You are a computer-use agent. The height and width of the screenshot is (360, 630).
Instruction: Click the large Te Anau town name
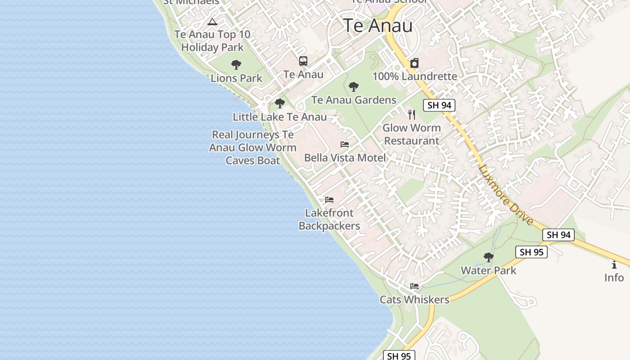tap(378, 26)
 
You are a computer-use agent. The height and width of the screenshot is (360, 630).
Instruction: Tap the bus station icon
tap(303, 61)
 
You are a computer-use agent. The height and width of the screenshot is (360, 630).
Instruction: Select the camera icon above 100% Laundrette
tap(414, 63)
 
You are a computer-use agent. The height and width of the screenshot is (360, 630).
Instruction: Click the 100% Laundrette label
tap(414, 76)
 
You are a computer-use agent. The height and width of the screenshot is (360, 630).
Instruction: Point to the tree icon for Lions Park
tap(236, 65)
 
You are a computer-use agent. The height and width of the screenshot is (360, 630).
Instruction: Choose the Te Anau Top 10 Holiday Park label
tap(212, 40)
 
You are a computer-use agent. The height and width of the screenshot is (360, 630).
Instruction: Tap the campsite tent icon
tap(212, 22)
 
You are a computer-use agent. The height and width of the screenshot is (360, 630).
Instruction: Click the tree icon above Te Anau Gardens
tap(354, 86)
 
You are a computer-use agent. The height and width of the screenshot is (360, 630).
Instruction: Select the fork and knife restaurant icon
tap(411, 114)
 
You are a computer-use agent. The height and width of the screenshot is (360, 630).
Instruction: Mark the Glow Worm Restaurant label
tap(411, 134)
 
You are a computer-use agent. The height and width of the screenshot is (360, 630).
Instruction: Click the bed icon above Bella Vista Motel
tap(345, 144)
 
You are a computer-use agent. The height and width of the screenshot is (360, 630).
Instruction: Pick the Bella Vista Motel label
tap(345, 157)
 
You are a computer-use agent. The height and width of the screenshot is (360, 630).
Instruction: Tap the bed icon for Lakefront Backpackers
tap(329, 200)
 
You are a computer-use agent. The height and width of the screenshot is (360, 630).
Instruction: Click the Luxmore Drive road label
tap(506, 195)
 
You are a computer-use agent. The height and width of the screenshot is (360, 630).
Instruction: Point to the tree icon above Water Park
tap(488, 257)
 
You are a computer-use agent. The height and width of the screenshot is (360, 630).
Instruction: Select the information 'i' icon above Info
tap(614, 265)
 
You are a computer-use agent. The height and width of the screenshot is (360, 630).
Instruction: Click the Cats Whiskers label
tap(414, 299)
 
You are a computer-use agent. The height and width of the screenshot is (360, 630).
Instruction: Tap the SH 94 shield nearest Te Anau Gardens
tap(439, 105)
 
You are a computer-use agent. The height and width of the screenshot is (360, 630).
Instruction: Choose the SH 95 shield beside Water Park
tap(531, 252)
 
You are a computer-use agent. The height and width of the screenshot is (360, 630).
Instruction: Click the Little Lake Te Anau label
tap(279, 117)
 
